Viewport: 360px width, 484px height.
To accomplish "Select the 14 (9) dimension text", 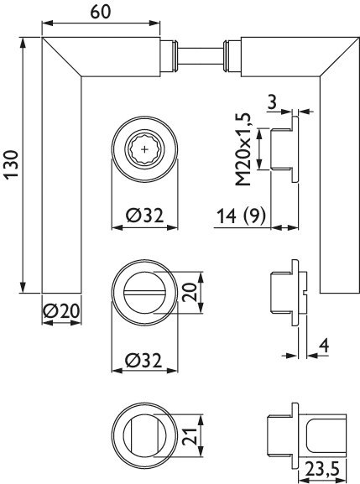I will point(240,216).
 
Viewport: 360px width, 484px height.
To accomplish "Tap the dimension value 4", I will point(323,344).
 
